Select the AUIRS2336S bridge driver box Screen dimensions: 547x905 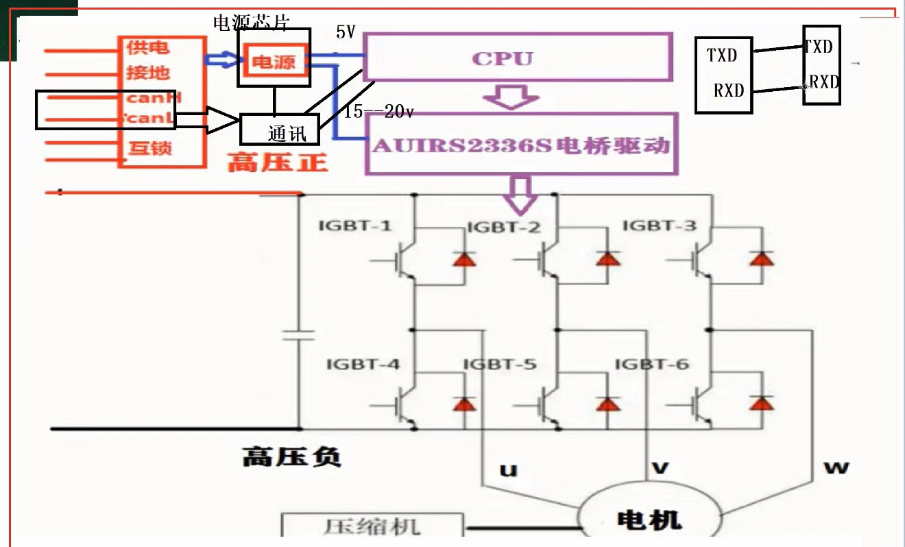coord(521,145)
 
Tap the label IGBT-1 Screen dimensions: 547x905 coord(355,226)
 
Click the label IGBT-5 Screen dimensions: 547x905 coord(500,364)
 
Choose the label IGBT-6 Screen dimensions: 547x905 coord(652,364)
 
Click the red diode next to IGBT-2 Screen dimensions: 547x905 coord(607,258)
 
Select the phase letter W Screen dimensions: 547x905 coord(836,467)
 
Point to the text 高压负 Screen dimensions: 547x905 coord(291,457)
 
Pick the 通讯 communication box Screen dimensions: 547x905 coord(280,129)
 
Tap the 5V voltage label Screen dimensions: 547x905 coord(346,33)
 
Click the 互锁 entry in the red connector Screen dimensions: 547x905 coord(149,148)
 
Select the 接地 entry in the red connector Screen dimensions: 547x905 coord(147,73)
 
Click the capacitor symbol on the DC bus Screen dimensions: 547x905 coord(300,335)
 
